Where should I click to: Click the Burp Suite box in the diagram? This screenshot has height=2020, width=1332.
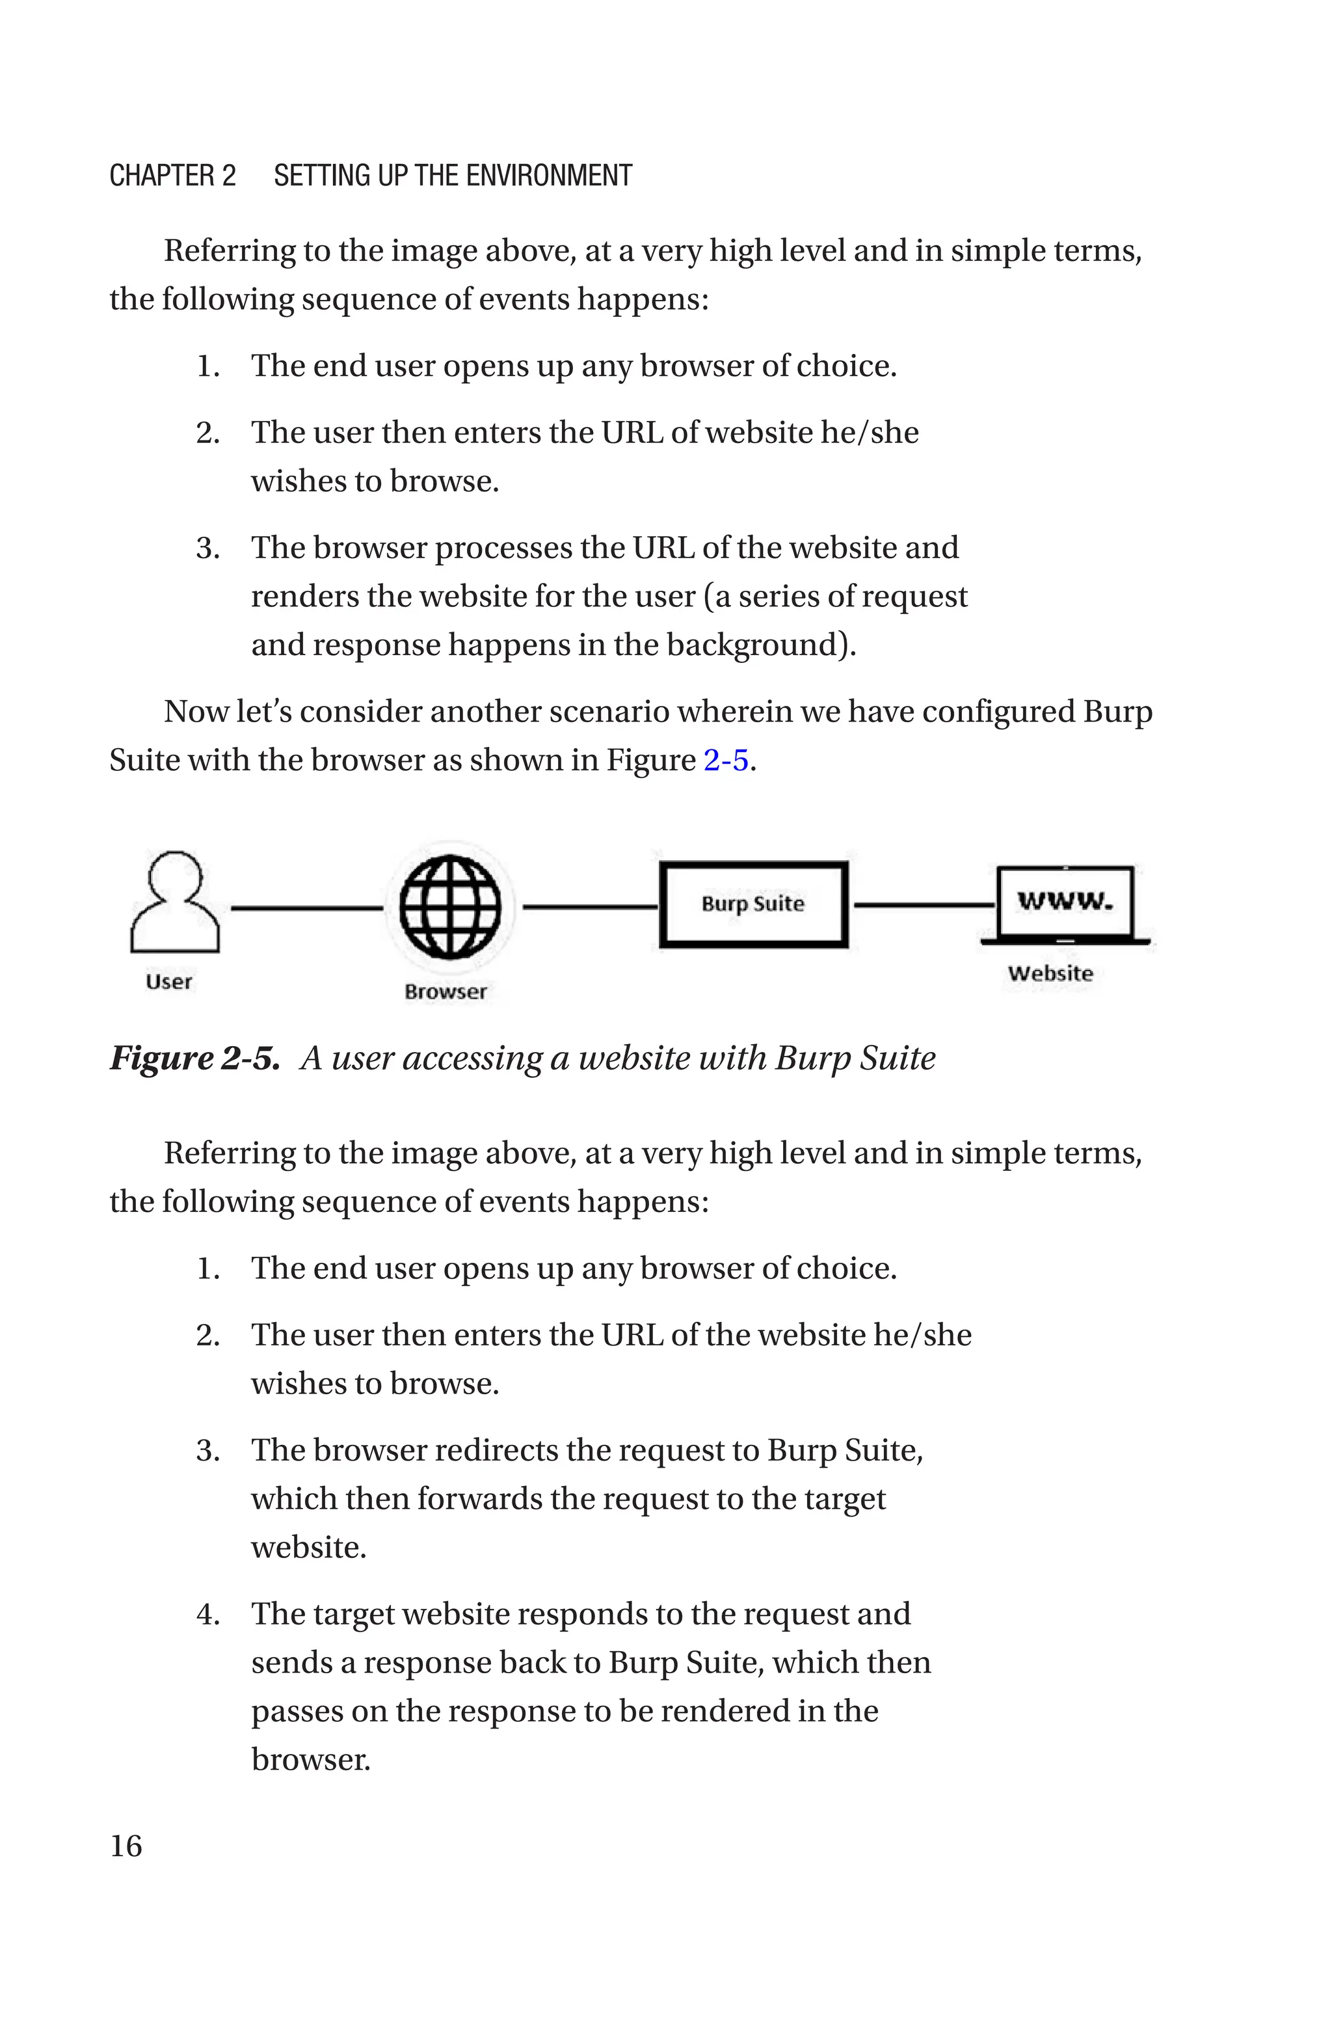(754, 904)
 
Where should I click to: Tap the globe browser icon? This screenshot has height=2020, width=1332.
(450, 906)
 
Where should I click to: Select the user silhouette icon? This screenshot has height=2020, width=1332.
(175, 902)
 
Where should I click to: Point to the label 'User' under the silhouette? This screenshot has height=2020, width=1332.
(168, 982)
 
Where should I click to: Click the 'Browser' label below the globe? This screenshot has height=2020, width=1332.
(445, 991)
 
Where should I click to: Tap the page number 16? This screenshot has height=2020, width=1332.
(126, 1846)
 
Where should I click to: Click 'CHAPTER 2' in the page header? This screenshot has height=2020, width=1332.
(172, 176)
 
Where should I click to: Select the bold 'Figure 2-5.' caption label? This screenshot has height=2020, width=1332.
(194, 1058)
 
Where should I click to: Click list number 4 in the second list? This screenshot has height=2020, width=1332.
(207, 1614)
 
